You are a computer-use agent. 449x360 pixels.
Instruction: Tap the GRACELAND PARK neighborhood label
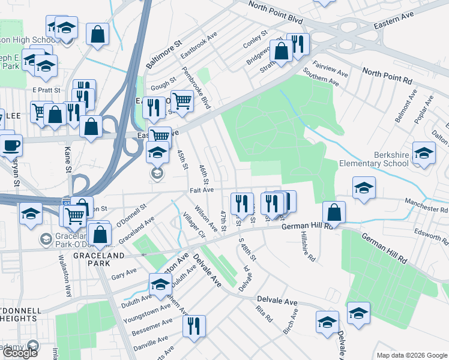(100, 254)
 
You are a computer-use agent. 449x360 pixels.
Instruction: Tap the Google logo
(20, 352)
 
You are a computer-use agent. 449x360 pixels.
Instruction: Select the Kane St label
(67, 161)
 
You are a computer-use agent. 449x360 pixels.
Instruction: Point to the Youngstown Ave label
(144, 311)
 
